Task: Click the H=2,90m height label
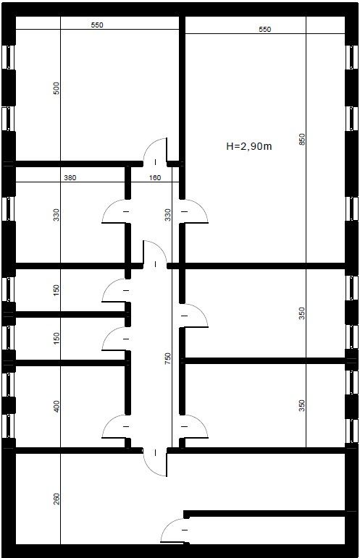(x=249, y=146)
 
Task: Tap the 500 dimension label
(x=56, y=88)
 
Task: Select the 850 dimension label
(x=301, y=140)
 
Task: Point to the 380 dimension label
(x=70, y=177)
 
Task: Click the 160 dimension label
(x=154, y=177)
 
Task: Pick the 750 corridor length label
(x=168, y=358)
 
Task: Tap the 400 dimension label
(x=56, y=407)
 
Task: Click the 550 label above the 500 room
(x=97, y=25)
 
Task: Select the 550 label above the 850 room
(x=264, y=29)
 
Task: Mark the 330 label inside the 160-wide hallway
(x=168, y=215)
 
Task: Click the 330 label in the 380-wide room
(x=56, y=215)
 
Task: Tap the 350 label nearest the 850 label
(x=301, y=313)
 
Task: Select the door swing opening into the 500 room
(x=150, y=144)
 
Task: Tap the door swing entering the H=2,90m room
(x=201, y=207)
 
